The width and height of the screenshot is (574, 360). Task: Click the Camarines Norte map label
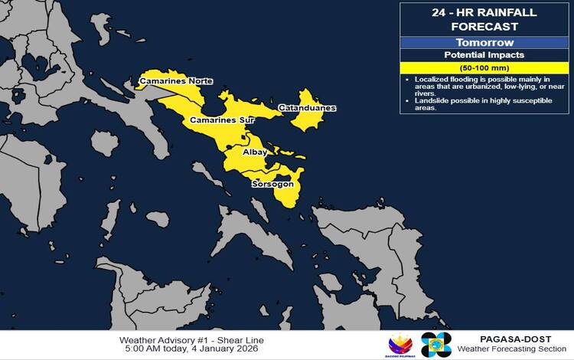(x=175, y=81)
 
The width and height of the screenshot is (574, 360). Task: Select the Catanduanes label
(x=306, y=108)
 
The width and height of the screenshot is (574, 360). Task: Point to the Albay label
(x=255, y=152)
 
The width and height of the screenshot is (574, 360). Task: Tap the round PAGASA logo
(x=436, y=345)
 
